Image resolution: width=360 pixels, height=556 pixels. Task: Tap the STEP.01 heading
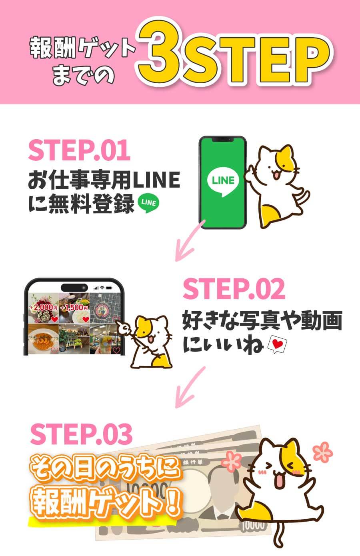pos(79,150)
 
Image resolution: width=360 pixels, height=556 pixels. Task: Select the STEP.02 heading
pos(234,289)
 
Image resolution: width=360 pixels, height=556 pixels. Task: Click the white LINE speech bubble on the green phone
pos(223,181)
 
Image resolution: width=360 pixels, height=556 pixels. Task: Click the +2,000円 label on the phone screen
pos(44,308)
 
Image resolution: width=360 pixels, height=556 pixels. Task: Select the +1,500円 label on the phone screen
pos(74,308)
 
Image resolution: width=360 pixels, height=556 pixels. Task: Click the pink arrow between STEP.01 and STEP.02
pos(190,240)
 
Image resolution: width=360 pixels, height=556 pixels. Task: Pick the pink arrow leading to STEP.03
pos(190,387)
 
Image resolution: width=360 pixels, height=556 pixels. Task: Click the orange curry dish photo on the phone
pos(44,338)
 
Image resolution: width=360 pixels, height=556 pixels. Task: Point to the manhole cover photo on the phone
pos(105,308)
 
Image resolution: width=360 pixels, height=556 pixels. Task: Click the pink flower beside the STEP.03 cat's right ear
pos(322,452)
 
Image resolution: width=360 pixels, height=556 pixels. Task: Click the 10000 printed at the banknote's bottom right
pos(253,525)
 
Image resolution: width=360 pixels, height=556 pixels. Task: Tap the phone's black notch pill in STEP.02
pos(74,288)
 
